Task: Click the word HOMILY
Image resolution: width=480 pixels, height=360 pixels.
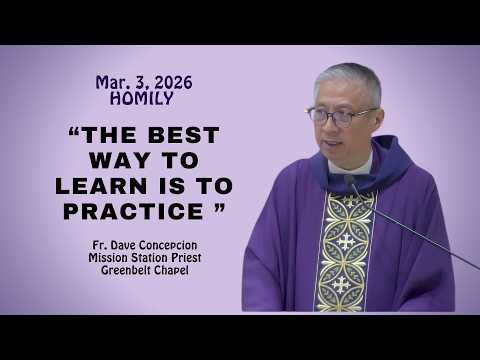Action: [144, 99]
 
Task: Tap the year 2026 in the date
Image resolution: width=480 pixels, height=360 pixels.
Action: [170, 83]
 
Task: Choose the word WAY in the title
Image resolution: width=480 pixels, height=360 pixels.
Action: [119, 161]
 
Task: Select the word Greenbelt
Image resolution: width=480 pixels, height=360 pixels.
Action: [126, 269]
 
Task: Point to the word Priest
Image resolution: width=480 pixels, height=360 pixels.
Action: [186, 256]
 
